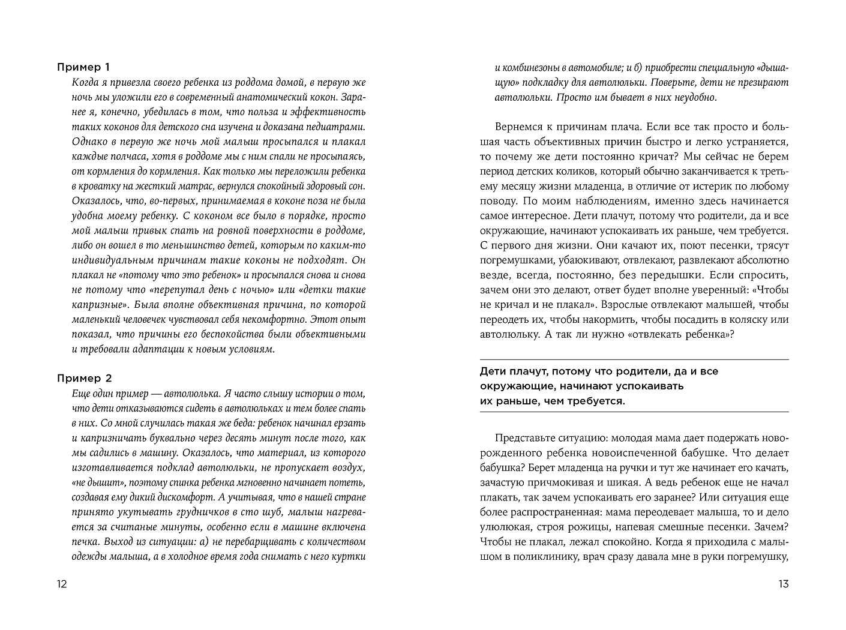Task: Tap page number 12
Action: click(62, 584)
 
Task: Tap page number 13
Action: click(783, 584)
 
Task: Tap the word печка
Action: click(86, 542)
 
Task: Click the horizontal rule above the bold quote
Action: click(634, 359)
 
